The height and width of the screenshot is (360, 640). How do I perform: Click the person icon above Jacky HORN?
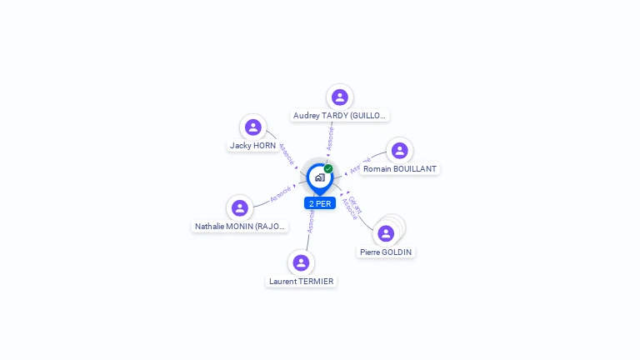pyautogui.click(x=253, y=127)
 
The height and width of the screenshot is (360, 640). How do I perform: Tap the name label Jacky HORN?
pyautogui.click(x=252, y=146)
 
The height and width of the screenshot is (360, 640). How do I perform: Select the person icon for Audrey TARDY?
pyautogui.click(x=339, y=97)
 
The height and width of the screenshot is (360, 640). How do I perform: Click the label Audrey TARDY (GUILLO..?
pyautogui.click(x=340, y=116)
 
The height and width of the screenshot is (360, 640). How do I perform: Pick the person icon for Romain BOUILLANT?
pyautogui.click(x=399, y=151)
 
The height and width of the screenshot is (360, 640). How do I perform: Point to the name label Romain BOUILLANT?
pyautogui.click(x=400, y=169)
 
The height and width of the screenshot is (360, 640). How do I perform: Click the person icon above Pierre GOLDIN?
pyautogui.click(x=386, y=233)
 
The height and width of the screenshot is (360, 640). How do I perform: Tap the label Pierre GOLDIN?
pyautogui.click(x=386, y=252)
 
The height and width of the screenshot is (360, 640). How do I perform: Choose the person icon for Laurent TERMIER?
pyautogui.click(x=301, y=263)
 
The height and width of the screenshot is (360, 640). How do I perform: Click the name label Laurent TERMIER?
pyautogui.click(x=301, y=282)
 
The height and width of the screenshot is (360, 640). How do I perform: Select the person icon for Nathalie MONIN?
pyautogui.click(x=240, y=208)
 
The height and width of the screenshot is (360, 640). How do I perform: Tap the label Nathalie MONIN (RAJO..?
pyautogui.click(x=241, y=227)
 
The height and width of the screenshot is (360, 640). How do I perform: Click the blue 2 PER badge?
pyautogui.click(x=320, y=203)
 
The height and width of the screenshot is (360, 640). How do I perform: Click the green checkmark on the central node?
pyautogui.click(x=328, y=169)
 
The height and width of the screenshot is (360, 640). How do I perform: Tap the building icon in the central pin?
pyautogui.click(x=319, y=177)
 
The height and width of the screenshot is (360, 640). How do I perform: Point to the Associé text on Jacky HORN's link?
pyautogui.click(x=285, y=152)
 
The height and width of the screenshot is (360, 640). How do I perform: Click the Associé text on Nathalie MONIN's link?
pyautogui.click(x=281, y=193)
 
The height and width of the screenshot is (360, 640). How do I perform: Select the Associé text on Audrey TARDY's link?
pyautogui.click(x=331, y=137)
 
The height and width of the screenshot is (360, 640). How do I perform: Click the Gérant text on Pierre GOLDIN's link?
pyautogui.click(x=356, y=203)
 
